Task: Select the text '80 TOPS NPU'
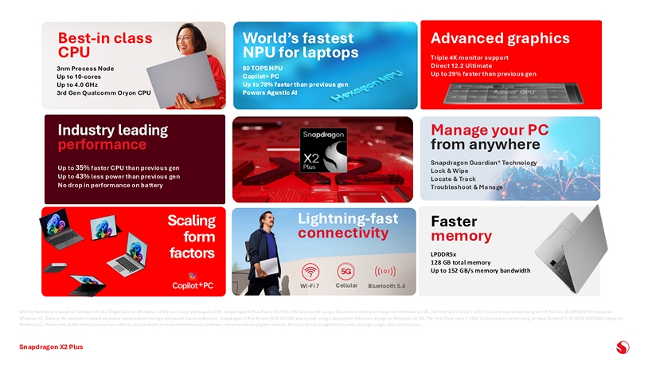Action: pos(262,69)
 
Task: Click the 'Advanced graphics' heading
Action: pos(499,38)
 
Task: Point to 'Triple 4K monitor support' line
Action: pos(469,58)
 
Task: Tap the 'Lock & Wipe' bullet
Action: pos(449,171)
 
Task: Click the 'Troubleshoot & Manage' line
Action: pos(466,186)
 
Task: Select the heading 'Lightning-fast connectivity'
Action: pos(347,226)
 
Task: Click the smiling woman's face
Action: pos(185,37)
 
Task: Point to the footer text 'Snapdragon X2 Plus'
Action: pos(51,347)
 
